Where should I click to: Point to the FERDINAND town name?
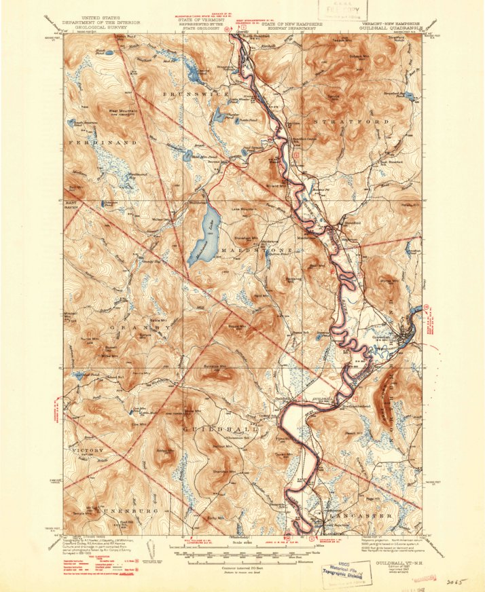pos(102,143)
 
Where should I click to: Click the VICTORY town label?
pos(87,450)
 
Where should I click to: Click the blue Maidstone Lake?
pos(202,234)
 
